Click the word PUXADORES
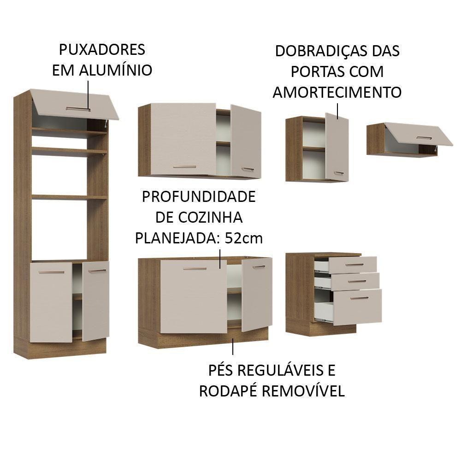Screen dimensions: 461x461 (x=102, y=49)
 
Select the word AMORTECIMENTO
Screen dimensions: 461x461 (x=337, y=92)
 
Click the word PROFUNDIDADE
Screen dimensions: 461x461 (x=198, y=197)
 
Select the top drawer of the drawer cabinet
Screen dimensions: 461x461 (x=352, y=265)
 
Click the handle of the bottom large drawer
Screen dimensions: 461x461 (x=359, y=298)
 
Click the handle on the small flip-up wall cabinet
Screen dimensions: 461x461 (x=424, y=137)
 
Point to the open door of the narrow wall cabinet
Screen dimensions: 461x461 (x=336, y=147)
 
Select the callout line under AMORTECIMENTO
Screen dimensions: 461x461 (x=337, y=111)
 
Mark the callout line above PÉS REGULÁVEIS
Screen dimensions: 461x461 (x=233, y=346)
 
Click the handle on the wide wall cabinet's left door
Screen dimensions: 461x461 (x=184, y=167)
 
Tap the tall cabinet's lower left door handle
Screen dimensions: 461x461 (x=51, y=272)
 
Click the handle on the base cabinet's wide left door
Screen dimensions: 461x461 (x=195, y=268)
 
